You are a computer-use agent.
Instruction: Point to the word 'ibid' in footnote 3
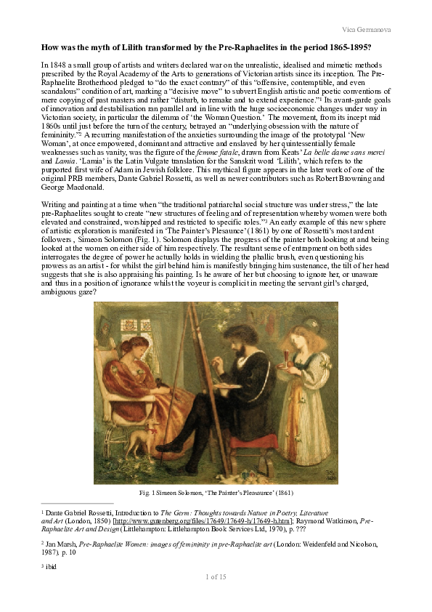pyautogui.click(x=52, y=565)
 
